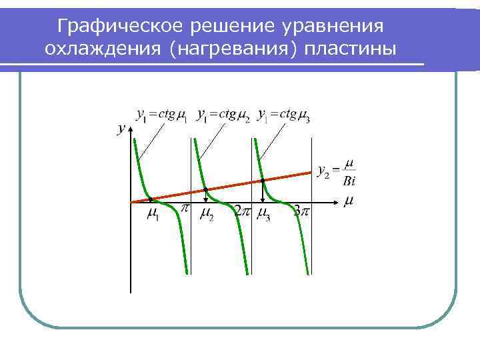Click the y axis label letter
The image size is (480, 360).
tap(121, 129)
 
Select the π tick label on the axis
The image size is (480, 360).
tap(186, 209)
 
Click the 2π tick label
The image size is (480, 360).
tap(242, 211)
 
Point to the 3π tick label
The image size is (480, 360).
tap(301, 211)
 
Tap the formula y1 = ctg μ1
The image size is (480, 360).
tap(161, 115)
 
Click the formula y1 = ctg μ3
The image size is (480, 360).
tap(283, 115)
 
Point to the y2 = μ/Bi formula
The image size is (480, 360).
tap(337, 171)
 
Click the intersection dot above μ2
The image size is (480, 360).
tap(206, 189)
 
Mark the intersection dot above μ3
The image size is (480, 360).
tap(263, 180)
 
